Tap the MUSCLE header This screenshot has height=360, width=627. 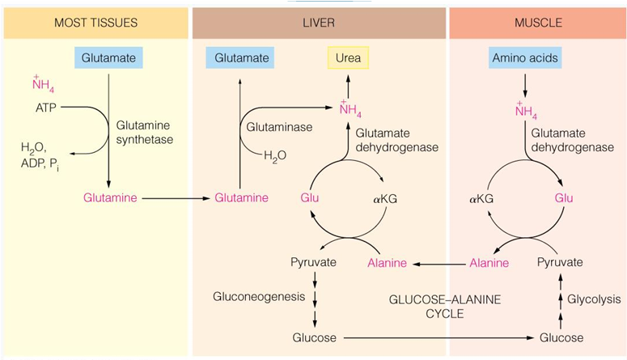[x=538, y=23]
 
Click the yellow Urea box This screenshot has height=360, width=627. [x=347, y=58]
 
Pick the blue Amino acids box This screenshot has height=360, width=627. [x=525, y=58]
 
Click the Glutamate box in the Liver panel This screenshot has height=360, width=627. [x=239, y=58]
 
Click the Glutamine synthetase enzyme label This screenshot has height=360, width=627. [x=143, y=133]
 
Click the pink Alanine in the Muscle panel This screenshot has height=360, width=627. [x=490, y=263]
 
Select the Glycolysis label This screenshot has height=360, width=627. [x=587, y=299]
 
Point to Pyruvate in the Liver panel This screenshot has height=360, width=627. [x=313, y=263]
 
